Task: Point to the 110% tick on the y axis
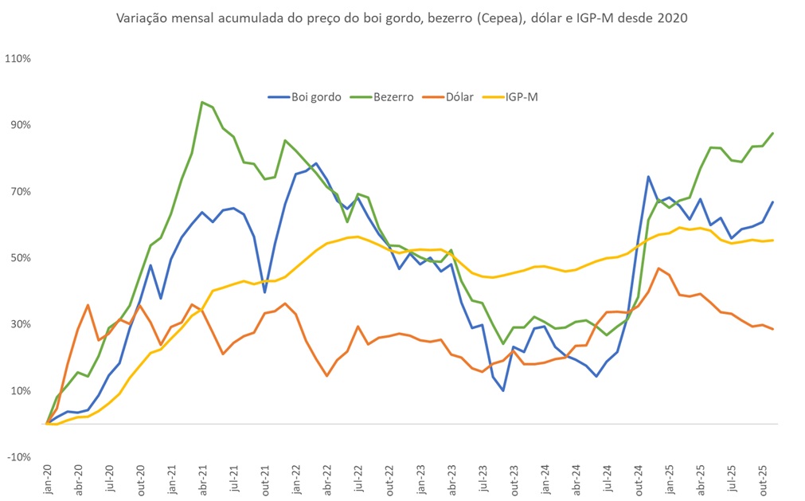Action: click(18, 59)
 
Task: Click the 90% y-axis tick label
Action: click(21, 125)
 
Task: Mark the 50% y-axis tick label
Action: click(21, 258)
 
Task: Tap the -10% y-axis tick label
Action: click(19, 457)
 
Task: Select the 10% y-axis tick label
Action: click(21, 391)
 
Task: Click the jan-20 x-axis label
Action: click(48, 479)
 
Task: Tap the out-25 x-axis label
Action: click(763, 479)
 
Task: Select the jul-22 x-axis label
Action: click(358, 479)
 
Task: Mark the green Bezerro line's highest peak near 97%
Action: click(202, 102)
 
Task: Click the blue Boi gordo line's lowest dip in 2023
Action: click(503, 390)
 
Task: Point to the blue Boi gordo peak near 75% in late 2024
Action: click(649, 177)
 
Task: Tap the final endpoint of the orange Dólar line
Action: click(773, 329)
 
